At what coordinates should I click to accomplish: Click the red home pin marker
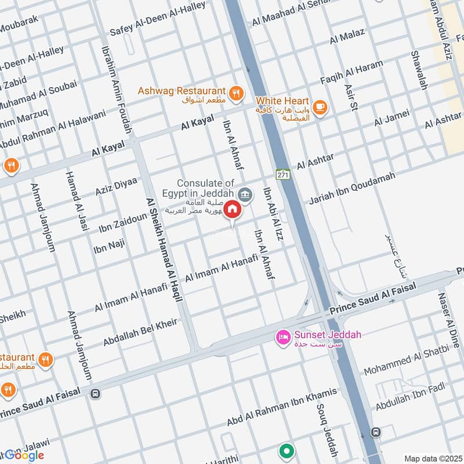pyautogui.click(x=233, y=209)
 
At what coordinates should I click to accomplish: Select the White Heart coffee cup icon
pyautogui.click(x=319, y=107)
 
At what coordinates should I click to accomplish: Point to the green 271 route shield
pyautogui.click(x=282, y=174)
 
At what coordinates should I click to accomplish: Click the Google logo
pyautogui.click(x=24, y=455)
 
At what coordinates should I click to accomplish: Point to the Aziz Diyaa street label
pyautogui.click(x=116, y=187)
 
